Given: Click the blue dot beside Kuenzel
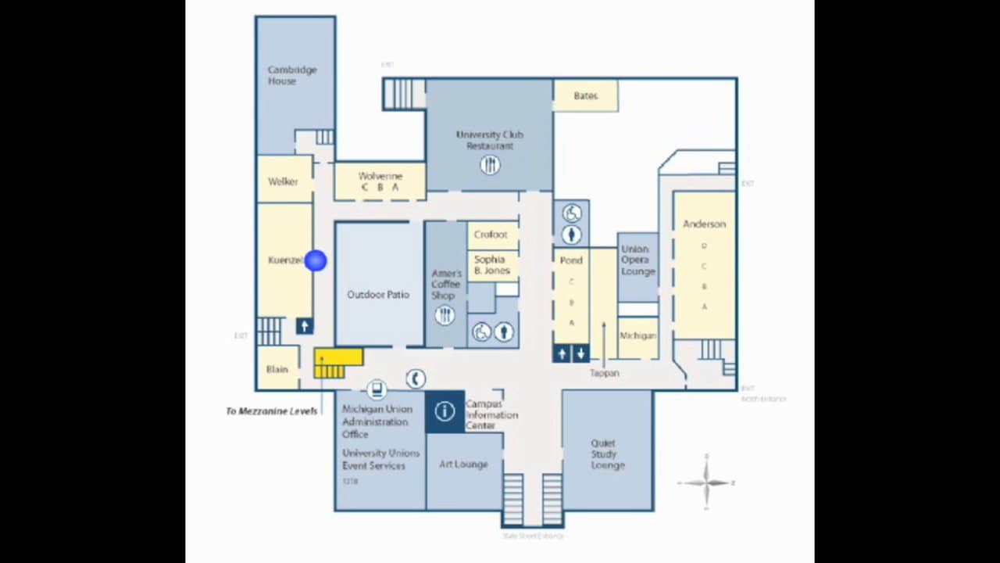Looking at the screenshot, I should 316,260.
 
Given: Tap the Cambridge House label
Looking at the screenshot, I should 292,75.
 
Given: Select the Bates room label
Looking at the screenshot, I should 585,96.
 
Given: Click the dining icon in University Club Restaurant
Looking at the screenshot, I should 490,165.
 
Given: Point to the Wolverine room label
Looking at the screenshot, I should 380,177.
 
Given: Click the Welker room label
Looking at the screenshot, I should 283,181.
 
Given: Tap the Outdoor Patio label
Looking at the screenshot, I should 378,295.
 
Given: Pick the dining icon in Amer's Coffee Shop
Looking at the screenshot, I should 445,315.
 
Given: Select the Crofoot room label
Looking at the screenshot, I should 491,235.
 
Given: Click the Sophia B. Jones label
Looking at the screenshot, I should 491,265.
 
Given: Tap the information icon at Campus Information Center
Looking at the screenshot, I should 445,411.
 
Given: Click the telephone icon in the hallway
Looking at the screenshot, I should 416,378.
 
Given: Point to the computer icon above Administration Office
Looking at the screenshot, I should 377,389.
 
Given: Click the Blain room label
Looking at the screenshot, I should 277,369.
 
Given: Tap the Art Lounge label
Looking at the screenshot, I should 463,464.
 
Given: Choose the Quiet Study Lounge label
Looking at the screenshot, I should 607,454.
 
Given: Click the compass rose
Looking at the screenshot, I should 706,482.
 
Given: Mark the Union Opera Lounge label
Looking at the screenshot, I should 637,260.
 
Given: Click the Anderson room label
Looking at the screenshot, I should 704,224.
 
